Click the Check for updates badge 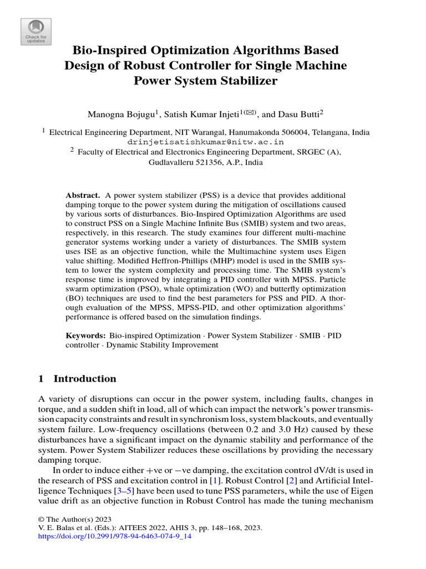pyautogui.click(x=36, y=32)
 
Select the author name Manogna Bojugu pyautogui.click(x=121, y=114)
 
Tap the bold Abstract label pyautogui.click(x=83, y=196)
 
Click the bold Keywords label pyautogui.click(x=86, y=336)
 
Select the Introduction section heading pyautogui.click(x=84, y=379)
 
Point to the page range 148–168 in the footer pyautogui.click(x=210, y=528)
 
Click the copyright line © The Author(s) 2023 pyautogui.click(x=70, y=518)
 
